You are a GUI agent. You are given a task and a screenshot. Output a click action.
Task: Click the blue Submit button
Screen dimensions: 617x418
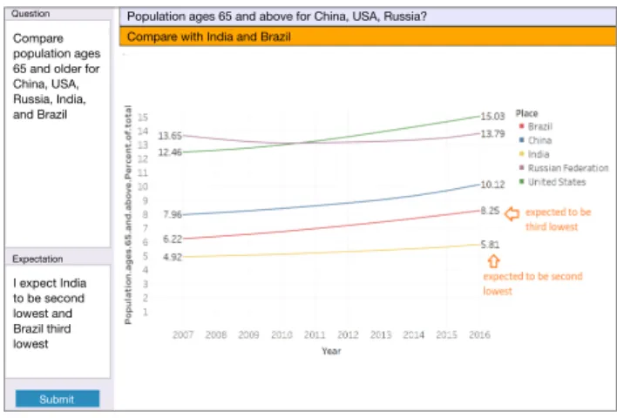tap(58, 399)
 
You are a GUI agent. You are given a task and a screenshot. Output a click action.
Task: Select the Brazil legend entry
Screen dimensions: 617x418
tap(536, 126)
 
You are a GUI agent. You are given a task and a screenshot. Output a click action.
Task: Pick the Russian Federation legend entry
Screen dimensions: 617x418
tap(564, 168)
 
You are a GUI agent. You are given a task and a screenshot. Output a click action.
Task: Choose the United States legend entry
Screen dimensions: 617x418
tap(553, 182)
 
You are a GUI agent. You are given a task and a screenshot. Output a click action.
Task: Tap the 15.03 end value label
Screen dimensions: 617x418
tap(492, 116)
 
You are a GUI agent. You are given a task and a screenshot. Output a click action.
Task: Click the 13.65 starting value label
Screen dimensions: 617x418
tap(170, 136)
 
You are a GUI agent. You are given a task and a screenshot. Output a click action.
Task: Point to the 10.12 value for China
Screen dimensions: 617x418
tap(492, 185)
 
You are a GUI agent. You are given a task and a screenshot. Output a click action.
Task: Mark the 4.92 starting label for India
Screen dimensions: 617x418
tap(173, 257)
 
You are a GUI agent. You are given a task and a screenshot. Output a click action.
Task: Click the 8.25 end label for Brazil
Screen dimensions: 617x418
tap(490, 211)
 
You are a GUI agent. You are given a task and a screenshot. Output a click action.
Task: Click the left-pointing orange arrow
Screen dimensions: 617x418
tap(512, 214)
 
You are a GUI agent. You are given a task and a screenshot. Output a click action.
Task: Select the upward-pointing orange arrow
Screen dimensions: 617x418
tap(493, 261)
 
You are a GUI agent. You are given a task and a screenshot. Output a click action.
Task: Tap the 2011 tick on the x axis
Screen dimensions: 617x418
tap(315, 334)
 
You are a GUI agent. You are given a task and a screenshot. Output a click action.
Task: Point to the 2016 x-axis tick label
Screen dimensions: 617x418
tap(479, 334)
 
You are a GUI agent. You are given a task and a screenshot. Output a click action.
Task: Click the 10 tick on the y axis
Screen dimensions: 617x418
tap(142, 186)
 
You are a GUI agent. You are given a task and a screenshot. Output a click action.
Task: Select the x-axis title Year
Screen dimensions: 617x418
tap(331, 351)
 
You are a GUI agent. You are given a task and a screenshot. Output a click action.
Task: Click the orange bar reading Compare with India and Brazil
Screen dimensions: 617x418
tap(368, 37)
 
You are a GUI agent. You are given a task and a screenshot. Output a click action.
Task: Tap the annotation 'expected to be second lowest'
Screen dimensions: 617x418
tap(532, 284)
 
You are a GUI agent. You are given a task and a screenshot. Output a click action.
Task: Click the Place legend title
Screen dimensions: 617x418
tap(526, 113)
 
